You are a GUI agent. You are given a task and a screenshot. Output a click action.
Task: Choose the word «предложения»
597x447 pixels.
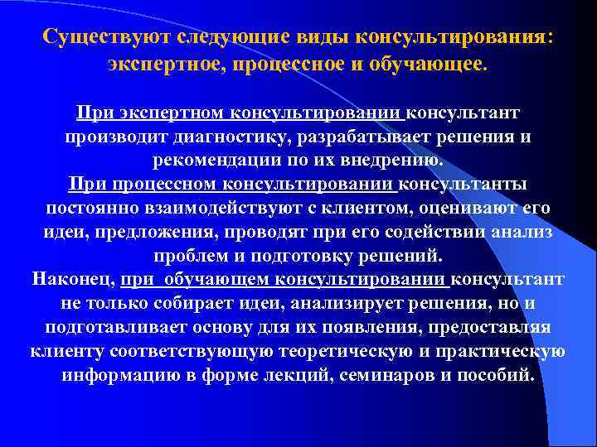(142, 231)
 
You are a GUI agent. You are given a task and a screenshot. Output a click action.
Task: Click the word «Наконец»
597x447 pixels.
(72, 279)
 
